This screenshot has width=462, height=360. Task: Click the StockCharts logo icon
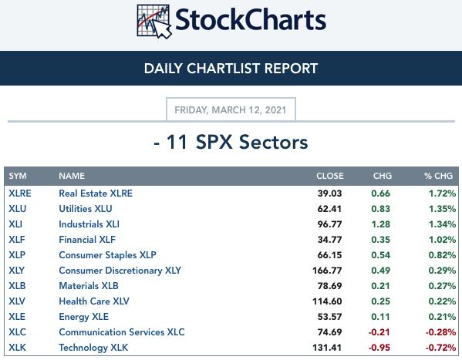click(154, 22)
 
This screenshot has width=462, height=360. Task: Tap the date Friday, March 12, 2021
click(231, 110)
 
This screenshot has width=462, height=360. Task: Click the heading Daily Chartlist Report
click(231, 69)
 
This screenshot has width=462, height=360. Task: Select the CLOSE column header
click(329, 176)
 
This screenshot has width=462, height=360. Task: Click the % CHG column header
click(438, 176)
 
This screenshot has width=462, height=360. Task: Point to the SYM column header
click(18, 176)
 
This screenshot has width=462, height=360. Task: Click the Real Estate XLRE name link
click(96, 193)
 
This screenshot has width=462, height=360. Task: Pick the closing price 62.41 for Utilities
click(329, 209)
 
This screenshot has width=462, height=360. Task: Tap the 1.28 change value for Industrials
click(381, 224)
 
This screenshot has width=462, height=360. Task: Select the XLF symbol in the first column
click(17, 240)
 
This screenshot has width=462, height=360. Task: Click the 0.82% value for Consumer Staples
click(442, 255)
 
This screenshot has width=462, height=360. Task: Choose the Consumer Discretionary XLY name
click(120, 271)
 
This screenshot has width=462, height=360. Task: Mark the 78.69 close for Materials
click(329, 286)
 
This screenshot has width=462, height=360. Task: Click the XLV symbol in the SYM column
click(17, 301)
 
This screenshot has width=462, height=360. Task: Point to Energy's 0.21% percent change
click(442, 317)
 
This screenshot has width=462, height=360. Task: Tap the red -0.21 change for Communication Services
click(379, 332)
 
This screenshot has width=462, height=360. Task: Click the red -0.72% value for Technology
click(440, 348)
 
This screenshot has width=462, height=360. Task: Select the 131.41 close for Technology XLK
click(327, 348)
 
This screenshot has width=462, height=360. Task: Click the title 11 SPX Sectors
click(238, 142)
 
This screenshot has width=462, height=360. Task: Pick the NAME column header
click(72, 176)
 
